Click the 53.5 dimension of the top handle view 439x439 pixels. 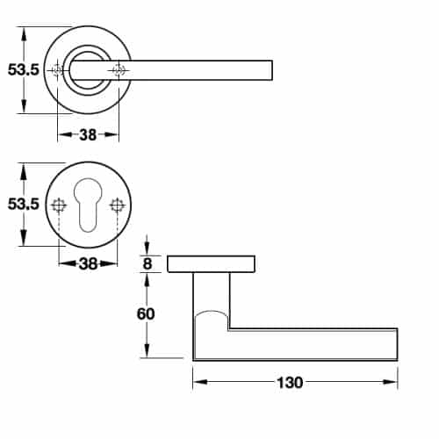tap(23, 70)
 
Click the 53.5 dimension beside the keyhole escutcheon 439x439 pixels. tap(23, 205)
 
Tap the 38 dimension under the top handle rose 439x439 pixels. tap(88, 135)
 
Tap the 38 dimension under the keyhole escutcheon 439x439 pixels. tap(88, 263)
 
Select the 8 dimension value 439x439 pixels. tap(147, 263)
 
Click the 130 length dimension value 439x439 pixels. tap(289, 383)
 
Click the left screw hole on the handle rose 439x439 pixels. tap(59, 70)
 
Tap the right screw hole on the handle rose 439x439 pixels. tap(118, 70)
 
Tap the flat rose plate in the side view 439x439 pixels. tap(211, 263)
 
